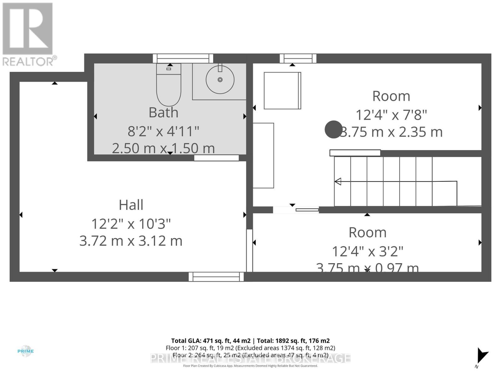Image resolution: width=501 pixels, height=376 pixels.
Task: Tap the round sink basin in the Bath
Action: [220, 80]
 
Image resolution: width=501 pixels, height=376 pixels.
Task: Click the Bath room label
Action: [163, 112]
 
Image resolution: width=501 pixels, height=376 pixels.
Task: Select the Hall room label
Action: [131, 205]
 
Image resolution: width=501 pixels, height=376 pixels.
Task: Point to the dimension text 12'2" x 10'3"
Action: [131, 224]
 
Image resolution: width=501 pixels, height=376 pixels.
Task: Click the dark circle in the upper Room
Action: [333, 129]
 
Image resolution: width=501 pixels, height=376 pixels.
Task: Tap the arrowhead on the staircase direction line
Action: [338, 181]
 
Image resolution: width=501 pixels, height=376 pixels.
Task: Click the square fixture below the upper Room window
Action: [282, 91]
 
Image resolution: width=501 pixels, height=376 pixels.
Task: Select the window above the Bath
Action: [183, 59]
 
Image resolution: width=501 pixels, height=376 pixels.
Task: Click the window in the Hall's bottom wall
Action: [216, 277]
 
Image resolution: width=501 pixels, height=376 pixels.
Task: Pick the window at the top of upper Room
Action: [298, 59]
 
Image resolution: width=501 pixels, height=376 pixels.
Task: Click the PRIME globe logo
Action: [25, 351]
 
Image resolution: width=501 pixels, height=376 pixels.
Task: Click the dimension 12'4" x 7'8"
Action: [391, 115]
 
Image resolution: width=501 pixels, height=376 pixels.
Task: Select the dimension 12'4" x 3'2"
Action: [367, 251]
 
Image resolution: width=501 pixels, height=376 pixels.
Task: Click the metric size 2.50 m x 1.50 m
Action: [163, 148]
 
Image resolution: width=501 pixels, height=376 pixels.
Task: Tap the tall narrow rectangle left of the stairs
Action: [263, 155]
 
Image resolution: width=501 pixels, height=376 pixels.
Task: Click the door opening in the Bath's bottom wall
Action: [216, 158]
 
